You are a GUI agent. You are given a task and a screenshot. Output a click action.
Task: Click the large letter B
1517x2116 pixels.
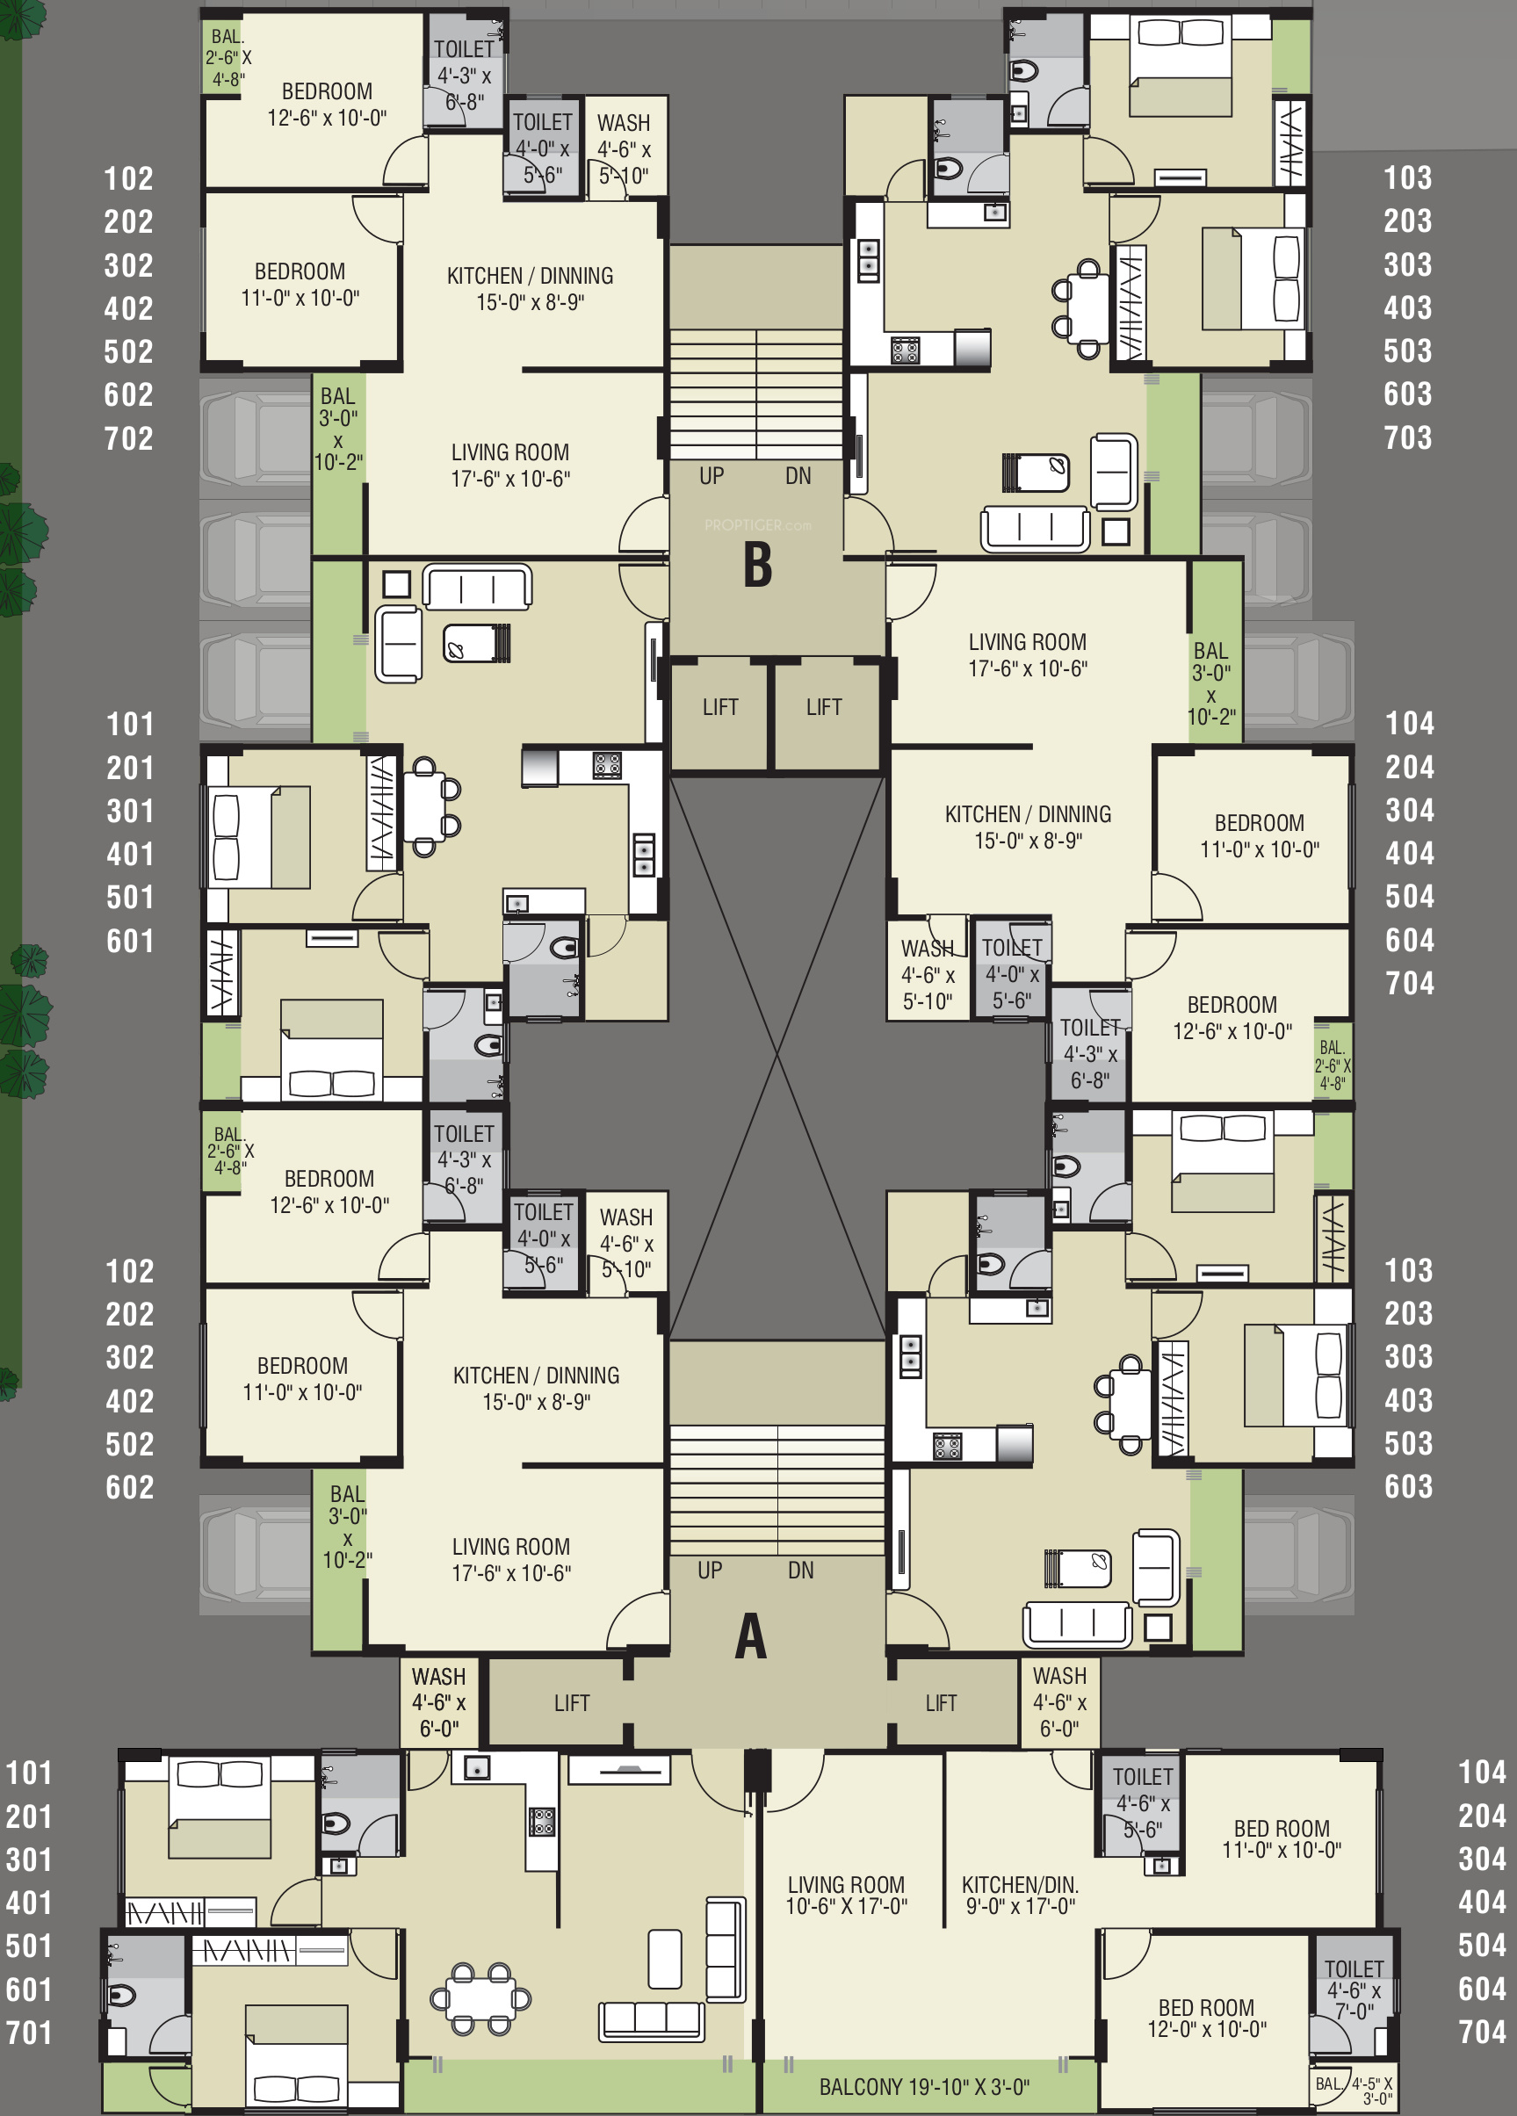click(x=757, y=565)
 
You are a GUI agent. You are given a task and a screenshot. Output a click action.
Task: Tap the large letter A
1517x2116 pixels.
click(x=751, y=1636)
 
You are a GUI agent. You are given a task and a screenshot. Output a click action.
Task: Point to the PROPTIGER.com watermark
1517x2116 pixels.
click(x=757, y=525)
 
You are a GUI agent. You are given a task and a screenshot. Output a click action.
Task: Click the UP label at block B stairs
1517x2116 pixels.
click(x=711, y=476)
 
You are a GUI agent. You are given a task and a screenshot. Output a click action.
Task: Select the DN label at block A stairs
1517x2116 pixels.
click(x=800, y=1571)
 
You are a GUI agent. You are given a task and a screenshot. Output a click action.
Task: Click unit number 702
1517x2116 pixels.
click(x=129, y=438)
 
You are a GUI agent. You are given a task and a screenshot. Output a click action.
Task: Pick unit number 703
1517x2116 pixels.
click(x=1408, y=437)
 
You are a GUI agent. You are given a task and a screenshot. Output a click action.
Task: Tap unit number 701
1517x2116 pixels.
click(x=29, y=2032)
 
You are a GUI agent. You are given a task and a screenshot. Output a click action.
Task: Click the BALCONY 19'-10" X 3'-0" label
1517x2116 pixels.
click(x=923, y=2086)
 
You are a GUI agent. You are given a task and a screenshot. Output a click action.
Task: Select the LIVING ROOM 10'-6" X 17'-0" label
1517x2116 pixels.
click(x=846, y=1895)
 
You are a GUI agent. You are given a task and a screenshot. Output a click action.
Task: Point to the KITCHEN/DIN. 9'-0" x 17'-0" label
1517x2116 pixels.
click(x=1020, y=1895)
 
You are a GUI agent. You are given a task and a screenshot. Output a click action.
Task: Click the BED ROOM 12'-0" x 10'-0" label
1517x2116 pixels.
click(x=1206, y=2018)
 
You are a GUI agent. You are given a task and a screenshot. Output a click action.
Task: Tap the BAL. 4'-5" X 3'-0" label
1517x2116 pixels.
click(x=1354, y=2090)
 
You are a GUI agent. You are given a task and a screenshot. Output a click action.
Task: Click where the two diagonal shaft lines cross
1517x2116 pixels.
click(x=777, y=1055)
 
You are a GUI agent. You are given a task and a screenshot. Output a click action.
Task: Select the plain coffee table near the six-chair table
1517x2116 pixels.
click(x=664, y=1958)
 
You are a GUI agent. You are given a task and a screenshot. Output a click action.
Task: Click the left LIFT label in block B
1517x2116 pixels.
click(x=720, y=707)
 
